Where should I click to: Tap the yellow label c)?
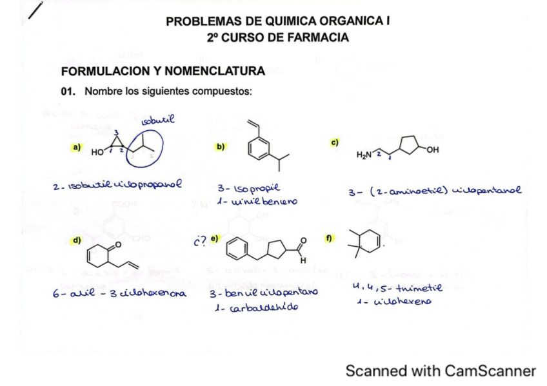tap(335, 141)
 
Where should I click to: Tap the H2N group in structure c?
tap(364, 155)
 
